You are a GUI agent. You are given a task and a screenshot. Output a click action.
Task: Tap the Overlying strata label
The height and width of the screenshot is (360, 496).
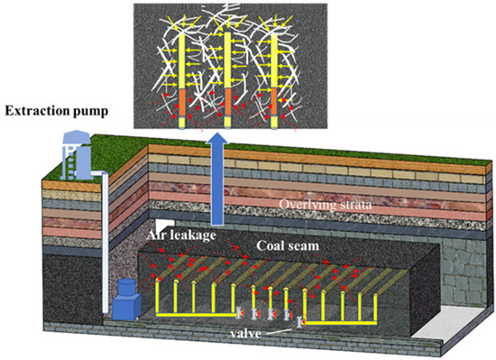click(x=326, y=205)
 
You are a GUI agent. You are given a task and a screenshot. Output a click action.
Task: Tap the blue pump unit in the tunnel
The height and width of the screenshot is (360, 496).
click(x=124, y=299)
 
